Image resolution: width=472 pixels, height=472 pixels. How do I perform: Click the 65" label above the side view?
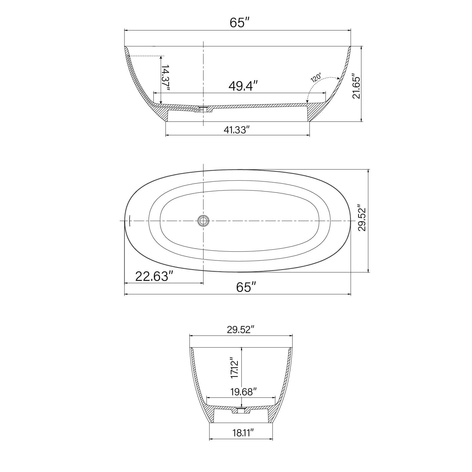click(x=237, y=23)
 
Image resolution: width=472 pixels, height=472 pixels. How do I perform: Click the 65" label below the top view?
click(x=245, y=287)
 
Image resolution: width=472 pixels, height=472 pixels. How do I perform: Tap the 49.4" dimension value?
click(x=243, y=86)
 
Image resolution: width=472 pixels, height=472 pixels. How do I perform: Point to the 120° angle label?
click(x=316, y=77)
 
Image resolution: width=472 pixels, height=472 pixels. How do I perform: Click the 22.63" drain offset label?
click(x=154, y=277)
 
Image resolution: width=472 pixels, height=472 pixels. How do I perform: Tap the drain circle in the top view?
click(x=203, y=221)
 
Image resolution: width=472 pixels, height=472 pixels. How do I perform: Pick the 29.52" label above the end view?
click(x=241, y=330)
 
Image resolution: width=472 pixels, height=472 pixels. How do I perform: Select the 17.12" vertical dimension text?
click(x=235, y=368)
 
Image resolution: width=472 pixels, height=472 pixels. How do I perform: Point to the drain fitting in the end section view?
click(x=242, y=410)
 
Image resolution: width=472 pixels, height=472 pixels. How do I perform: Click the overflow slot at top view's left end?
click(x=130, y=221)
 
